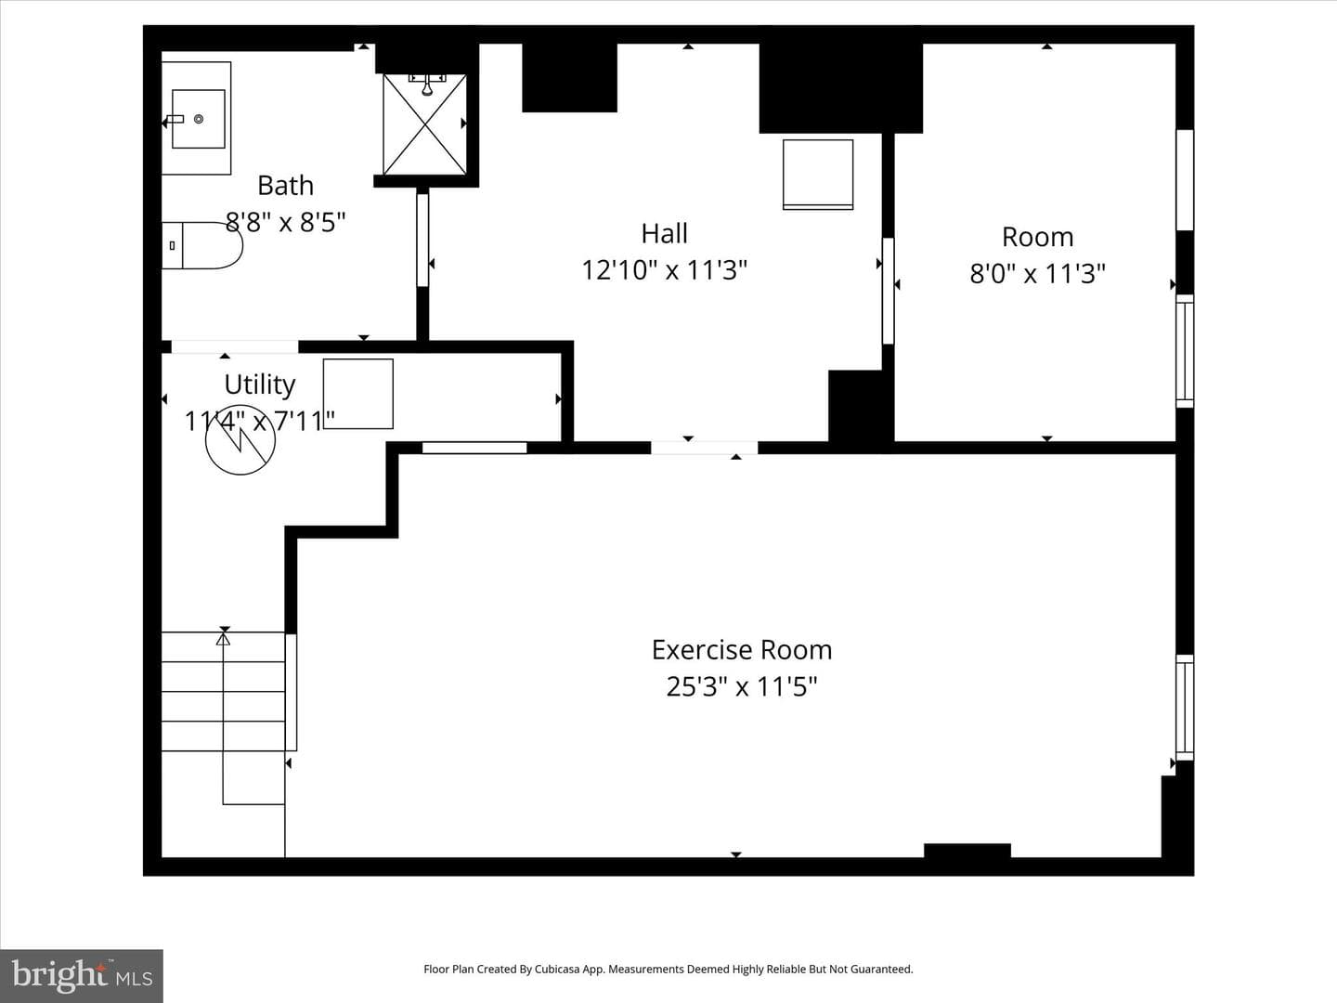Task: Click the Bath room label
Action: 285,185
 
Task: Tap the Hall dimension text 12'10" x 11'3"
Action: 664,269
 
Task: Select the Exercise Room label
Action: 742,650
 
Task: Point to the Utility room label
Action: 259,384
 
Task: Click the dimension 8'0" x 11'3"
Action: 1037,273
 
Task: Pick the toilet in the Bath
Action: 201,245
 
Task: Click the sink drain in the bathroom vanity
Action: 199,119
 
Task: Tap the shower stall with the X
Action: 424,124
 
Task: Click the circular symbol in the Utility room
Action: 240,439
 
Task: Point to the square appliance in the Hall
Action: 818,175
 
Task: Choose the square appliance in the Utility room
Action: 358,394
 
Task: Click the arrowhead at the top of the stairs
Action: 224,639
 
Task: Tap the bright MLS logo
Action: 82,975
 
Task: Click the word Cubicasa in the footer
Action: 558,969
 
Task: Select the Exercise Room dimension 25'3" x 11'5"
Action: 741,686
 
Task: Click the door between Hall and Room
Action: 889,291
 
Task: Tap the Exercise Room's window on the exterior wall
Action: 1185,707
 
